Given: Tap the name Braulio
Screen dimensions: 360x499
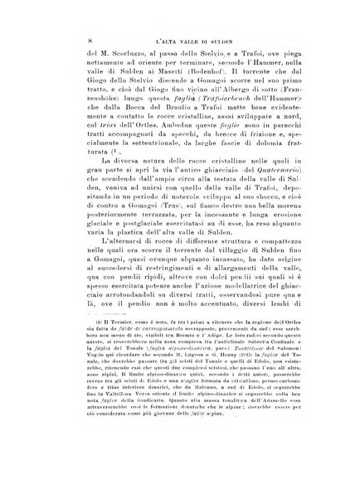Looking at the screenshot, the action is pos(184,134).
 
